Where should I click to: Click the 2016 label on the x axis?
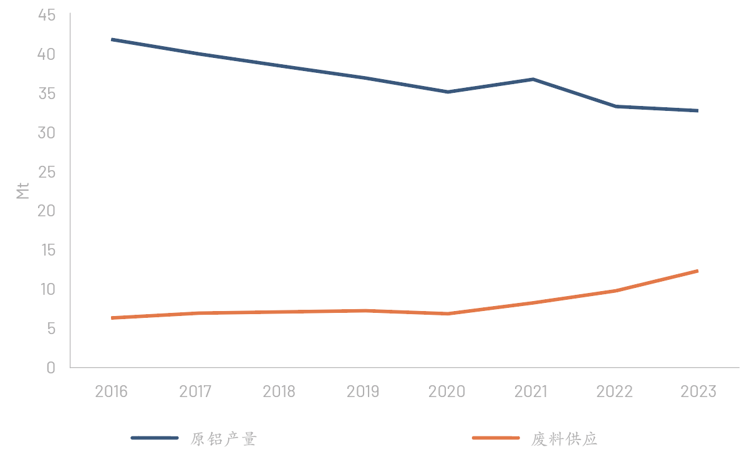(x=111, y=391)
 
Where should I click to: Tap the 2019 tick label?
(x=363, y=391)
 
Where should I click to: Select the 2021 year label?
(x=531, y=391)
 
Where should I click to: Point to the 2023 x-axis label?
(x=698, y=391)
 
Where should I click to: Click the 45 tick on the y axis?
(x=47, y=15)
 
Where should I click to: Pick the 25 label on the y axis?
(x=47, y=172)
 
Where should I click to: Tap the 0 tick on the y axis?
(x=51, y=368)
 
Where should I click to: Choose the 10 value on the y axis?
(x=47, y=289)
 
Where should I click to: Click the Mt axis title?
(x=23, y=191)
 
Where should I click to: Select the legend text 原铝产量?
(x=224, y=439)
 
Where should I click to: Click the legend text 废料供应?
(x=564, y=439)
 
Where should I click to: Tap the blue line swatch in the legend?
(x=155, y=438)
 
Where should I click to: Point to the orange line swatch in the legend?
(x=496, y=438)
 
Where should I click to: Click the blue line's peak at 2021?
(x=533, y=79)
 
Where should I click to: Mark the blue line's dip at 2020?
(x=448, y=92)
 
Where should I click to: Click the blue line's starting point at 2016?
(x=112, y=40)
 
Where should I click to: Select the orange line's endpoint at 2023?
(x=698, y=271)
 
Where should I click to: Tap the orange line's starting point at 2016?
(x=112, y=318)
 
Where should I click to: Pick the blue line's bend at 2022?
(x=616, y=107)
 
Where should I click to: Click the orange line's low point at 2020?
(x=448, y=314)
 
